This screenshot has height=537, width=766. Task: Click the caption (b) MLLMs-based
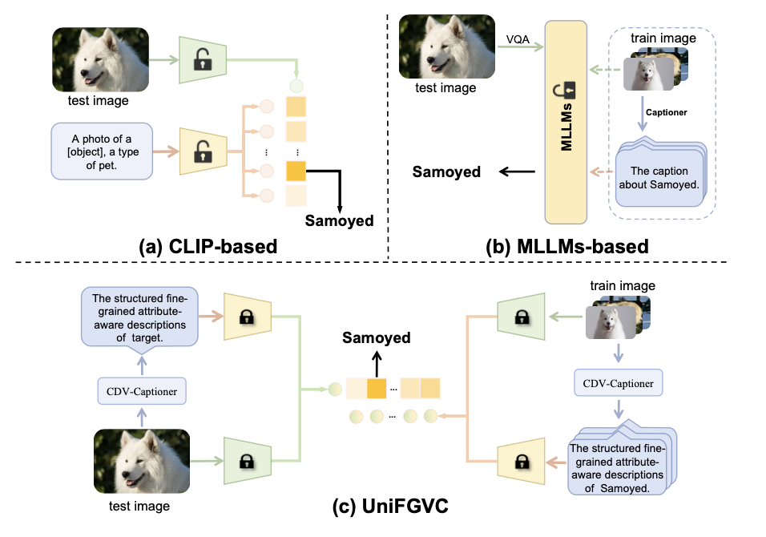click(572, 246)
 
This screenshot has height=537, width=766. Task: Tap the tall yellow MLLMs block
click(570, 121)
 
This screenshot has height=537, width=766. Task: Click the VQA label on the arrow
click(517, 37)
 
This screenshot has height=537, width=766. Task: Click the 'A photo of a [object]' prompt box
click(102, 150)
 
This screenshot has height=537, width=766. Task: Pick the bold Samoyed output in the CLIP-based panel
click(340, 220)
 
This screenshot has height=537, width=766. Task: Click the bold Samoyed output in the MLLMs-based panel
click(446, 172)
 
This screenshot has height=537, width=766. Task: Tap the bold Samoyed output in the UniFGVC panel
click(377, 338)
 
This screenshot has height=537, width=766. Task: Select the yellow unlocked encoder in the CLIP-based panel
click(203, 149)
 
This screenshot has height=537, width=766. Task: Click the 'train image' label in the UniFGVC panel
click(622, 285)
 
